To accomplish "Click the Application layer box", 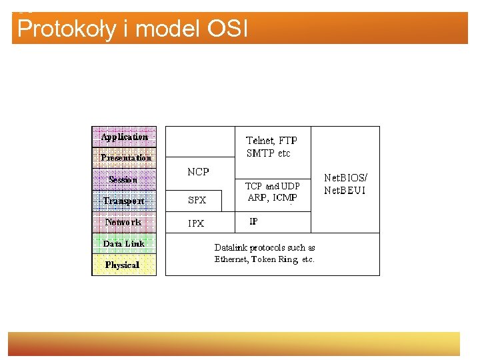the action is [x=124, y=137].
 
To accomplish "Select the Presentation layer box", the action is [x=125, y=158].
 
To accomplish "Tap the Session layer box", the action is [x=123, y=179].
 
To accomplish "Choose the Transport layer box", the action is [x=124, y=201].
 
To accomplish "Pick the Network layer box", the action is [x=123, y=222].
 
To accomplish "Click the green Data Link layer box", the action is [x=124, y=243].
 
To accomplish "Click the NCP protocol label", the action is [x=198, y=172].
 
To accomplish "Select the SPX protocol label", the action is [x=197, y=200].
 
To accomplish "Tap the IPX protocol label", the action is [x=196, y=223].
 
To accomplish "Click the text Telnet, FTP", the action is [x=272, y=141].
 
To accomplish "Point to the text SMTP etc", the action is [x=269, y=153].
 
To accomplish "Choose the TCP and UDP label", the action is [x=273, y=186].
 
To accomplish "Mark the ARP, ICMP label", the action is [x=272, y=197].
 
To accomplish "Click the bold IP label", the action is [x=253, y=221].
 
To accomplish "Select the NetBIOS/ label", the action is [x=345, y=178].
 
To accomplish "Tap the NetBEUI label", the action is [x=345, y=191].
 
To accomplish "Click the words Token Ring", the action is [x=275, y=259].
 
